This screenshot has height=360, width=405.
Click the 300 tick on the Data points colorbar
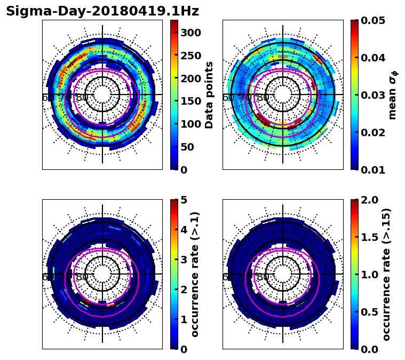190,33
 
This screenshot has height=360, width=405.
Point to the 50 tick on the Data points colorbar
187,147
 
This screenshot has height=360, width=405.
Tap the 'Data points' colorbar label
209,95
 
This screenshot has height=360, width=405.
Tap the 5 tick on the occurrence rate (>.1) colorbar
184,200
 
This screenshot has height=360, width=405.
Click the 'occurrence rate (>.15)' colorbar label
386,274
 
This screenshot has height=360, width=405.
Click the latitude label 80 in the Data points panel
82,98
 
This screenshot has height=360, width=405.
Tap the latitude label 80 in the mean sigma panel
263,98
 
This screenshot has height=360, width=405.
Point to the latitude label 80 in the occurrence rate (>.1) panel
82,277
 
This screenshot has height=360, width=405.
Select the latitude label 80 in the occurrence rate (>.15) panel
263,277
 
